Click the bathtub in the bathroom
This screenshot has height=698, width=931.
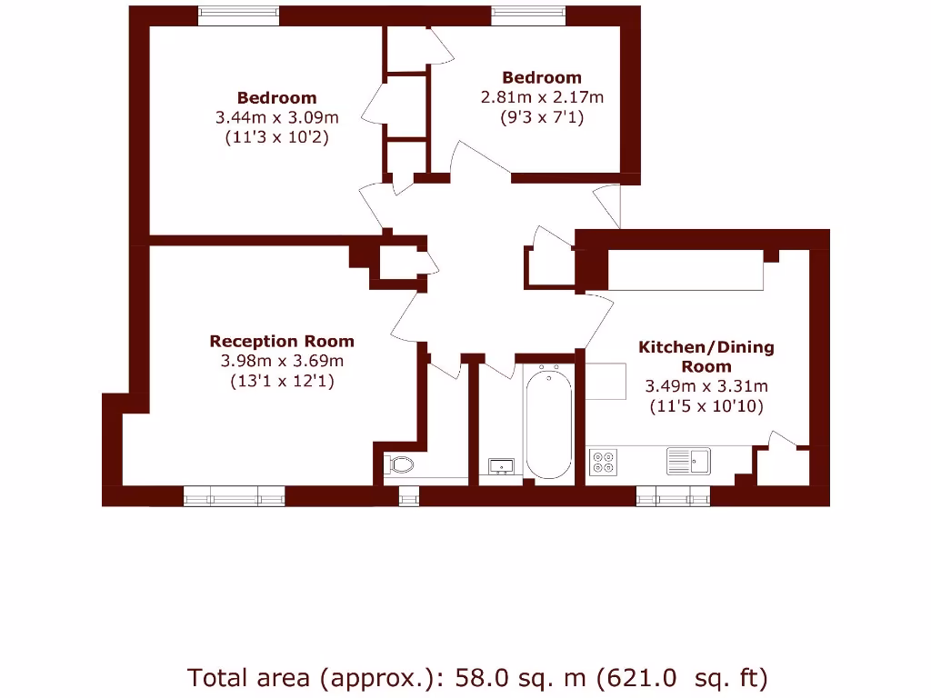click(x=548, y=424)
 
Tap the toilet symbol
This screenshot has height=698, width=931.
click(x=400, y=465)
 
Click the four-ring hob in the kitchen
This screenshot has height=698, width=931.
click(x=602, y=462)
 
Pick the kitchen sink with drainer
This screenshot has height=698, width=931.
click(x=687, y=461)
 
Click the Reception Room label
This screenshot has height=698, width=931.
click(x=282, y=341)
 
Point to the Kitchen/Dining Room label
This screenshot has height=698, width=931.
click(x=706, y=356)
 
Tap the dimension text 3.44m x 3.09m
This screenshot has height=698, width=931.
click(x=277, y=117)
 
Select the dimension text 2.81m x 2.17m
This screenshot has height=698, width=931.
click(x=542, y=97)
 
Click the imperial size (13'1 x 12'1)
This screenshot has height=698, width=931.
click(x=282, y=382)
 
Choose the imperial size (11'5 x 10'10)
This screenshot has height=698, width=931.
click(x=706, y=406)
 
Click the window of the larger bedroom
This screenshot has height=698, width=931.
click(x=238, y=15)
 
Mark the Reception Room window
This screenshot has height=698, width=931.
click(x=235, y=495)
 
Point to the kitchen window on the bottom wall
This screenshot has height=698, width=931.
click(x=673, y=495)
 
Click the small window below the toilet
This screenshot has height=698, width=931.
click(x=409, y=495)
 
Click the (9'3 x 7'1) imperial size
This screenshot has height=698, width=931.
click(x=542, y=117)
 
